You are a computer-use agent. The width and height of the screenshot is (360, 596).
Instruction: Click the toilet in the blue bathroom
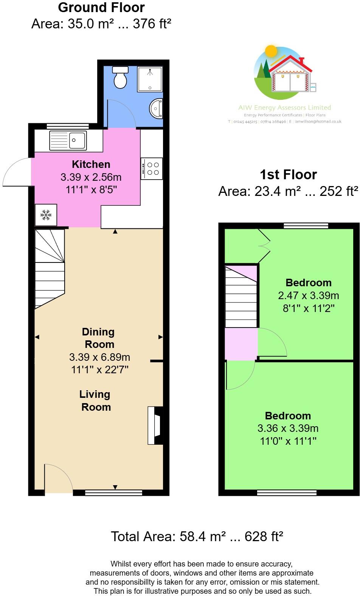[121, 77]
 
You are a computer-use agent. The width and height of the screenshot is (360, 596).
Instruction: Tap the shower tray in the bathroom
[150, 79]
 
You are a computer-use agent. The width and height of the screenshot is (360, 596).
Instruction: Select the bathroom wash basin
[157, 109]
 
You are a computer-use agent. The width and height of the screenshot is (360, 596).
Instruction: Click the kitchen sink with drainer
[68, 140]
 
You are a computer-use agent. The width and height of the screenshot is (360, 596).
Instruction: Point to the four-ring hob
[152, 169]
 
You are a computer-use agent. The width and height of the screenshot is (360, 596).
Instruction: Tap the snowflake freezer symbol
[46, 215]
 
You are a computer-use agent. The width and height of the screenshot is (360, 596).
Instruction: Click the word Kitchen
[91, 164]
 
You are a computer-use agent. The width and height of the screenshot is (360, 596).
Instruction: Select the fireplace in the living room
[155, 425]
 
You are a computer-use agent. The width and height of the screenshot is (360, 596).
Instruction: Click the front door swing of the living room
[57, 478]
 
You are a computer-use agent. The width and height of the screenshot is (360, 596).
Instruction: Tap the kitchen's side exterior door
[17, 172]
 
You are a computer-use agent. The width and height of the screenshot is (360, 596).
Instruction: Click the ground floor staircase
[49, 269]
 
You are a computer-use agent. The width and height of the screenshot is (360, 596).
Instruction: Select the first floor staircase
[241, 297]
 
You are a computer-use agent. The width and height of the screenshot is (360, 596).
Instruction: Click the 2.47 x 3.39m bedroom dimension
[308, 295]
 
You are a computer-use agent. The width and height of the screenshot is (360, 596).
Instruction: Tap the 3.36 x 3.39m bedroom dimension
[288, 428]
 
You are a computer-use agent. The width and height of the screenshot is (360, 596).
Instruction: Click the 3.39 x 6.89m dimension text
[99, 357]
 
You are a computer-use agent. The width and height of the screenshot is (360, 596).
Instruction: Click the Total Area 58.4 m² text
[197, 536]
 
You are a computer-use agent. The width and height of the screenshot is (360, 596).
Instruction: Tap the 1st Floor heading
[288, 174]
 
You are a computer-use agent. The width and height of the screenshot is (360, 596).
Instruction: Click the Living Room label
[95, 400]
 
